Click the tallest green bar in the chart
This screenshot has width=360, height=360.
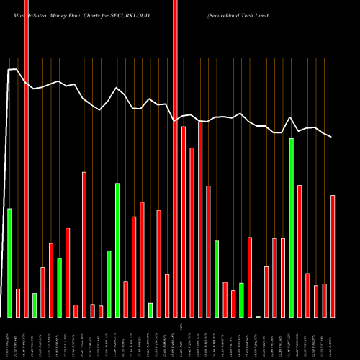291,228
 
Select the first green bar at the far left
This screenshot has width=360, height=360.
9,263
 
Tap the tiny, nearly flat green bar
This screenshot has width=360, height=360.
258,316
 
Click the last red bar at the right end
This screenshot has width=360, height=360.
333,256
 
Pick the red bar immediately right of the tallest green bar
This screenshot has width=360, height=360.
300,251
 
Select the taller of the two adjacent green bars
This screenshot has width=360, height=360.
117,250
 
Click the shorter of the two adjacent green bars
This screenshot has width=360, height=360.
109,284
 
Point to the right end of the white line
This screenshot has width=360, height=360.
332,137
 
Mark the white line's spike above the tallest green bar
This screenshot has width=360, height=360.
290,117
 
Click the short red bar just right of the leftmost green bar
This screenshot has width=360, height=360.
18,302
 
